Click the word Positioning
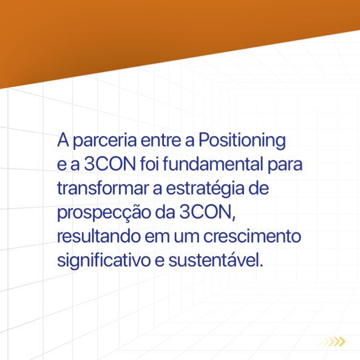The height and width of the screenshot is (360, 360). (x=242, y=140)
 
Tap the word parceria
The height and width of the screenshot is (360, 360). (x=105, y=141)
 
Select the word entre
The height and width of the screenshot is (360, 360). (x=161, y=140)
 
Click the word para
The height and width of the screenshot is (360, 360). (x=285, y=166)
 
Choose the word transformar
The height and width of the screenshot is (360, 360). (x=103, y=188)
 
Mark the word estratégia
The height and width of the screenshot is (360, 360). (x=205, y=189)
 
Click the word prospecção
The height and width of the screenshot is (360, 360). (x=104, y=213)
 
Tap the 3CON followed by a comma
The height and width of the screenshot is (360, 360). (x=208, y=212)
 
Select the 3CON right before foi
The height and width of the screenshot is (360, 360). (x=110, y=164)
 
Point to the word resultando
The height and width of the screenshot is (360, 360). (x=99, y=236)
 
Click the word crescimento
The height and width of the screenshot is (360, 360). (x=253, y=236)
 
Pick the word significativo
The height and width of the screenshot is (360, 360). (x=104, y=261)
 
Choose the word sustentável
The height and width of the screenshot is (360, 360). (x=216, y=260)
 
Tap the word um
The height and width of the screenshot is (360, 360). (x=186, y=237)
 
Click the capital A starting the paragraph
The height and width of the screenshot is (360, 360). (x=63, y=140)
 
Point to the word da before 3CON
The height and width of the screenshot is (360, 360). (x=165, y=212)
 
